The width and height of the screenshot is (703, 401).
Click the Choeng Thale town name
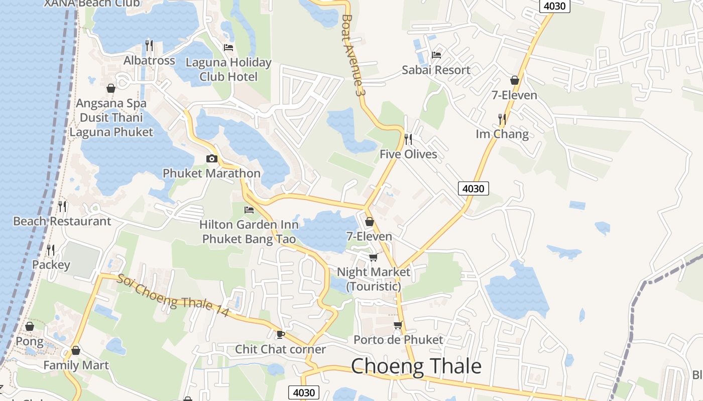point(416,366)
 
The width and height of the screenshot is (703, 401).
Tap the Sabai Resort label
point(436,70)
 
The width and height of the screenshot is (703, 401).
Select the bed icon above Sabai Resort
point(436,55)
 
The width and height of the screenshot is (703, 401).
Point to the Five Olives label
point(408,154)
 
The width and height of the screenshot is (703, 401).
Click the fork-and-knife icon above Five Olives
point(408,139)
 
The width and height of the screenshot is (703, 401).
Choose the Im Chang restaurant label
point(502,134)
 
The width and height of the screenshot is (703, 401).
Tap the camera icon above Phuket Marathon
point(212,159)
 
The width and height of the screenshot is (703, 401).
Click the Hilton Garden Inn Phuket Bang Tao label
point(249,232)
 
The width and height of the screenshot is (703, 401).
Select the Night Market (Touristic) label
point(374,279)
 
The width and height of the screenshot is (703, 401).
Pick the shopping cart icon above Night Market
point(373,257)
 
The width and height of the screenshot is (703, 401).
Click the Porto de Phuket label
point(398,340)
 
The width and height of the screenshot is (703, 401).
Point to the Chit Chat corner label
point(281,349)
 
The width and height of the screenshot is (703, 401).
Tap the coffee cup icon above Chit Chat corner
point(280,334)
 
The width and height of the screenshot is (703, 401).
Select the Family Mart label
point(76,365)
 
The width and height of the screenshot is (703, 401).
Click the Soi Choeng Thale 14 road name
point(173,296)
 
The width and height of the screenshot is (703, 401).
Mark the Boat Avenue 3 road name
point(351,55)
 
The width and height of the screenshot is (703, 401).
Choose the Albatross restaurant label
point(150,61)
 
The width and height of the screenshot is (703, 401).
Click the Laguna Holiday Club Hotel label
point(228,70)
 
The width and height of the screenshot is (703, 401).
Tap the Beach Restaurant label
point(62,221)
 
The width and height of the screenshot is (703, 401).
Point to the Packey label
point(51,265)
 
